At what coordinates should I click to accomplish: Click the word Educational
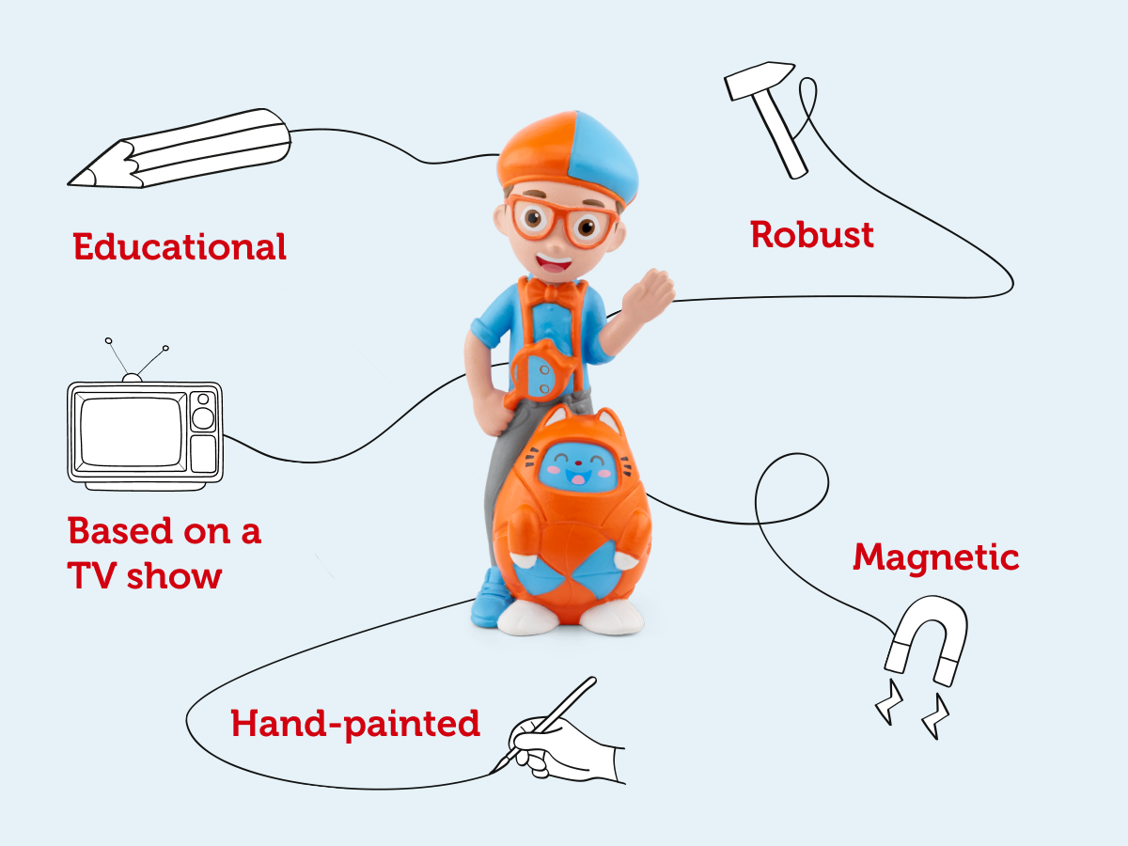(x=180, y=247)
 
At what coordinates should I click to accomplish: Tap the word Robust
(x=812, y=234)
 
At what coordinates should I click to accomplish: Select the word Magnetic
(x=935, y=557)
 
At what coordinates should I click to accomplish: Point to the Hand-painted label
(x=355, y=724)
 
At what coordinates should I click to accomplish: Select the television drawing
(x=144, y=428)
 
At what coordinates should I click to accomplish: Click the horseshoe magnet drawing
(x=926, y=639)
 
